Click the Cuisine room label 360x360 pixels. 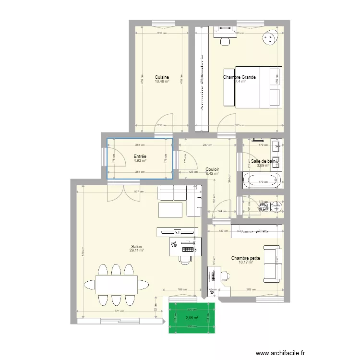point(162,77)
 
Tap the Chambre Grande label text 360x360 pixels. point(239,77)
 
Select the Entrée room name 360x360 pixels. point(140,156)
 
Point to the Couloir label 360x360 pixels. point(212,169)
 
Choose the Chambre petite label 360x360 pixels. point(245,258)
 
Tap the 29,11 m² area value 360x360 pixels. point(136,250)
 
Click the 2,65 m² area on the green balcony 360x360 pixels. point(192,318)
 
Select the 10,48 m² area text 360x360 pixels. point(162,81)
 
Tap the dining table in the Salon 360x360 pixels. point(115,284)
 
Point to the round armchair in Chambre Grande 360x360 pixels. point(270,37)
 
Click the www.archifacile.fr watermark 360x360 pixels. point(280,353)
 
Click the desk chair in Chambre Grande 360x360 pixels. point(225,41)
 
